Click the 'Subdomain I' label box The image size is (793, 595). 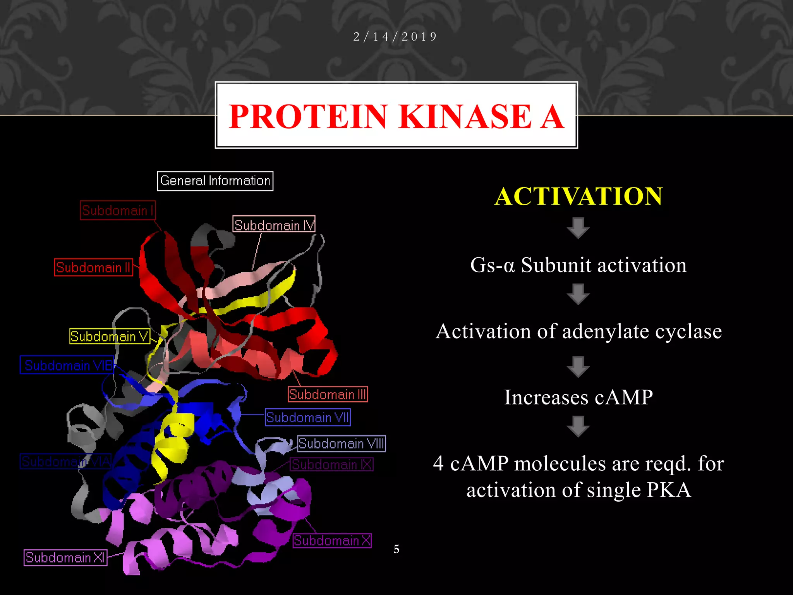[x=118, y=210]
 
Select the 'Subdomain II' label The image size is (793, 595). [x=93, y=267]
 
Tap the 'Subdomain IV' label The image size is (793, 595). [x=274, y=224]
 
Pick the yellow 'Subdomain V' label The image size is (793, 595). [x=110, y=336]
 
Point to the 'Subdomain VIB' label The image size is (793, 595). [x=67, y=365]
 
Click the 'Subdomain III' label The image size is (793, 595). [x=328, y=394]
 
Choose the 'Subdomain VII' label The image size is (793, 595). [x=308, y=417]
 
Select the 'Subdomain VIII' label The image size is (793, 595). [x=342, y=444]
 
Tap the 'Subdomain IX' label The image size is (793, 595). [x=332, y=464]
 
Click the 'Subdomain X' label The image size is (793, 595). [x=332, y=540]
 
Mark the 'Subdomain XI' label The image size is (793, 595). [x=65, y=557]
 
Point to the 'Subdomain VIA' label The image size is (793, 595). [x=66, y=461]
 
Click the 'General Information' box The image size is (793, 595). [x=215, y=181]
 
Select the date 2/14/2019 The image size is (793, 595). [x=395, y=37]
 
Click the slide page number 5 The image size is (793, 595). [x=396, y=549]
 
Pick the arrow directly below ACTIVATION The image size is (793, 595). [x=578, y=228]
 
